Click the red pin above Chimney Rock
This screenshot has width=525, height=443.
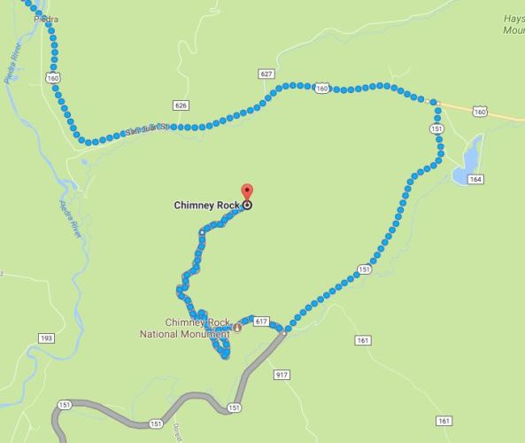pos(247,190)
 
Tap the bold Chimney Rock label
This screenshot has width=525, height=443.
pos(207,205)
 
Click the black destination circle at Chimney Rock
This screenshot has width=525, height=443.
pos(247,205)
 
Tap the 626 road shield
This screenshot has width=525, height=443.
pos(181,105)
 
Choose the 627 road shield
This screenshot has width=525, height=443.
pos(266,73)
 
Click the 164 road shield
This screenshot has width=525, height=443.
pos(476,180)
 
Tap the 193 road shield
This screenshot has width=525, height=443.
pos(46,338)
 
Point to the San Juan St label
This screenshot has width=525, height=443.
pos(146,128)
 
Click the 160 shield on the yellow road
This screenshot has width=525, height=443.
pos(479,112)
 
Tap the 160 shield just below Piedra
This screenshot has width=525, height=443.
pos(55,77)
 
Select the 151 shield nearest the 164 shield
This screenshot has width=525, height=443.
pos(436,128)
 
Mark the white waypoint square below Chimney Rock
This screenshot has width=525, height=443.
pos(202,232)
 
